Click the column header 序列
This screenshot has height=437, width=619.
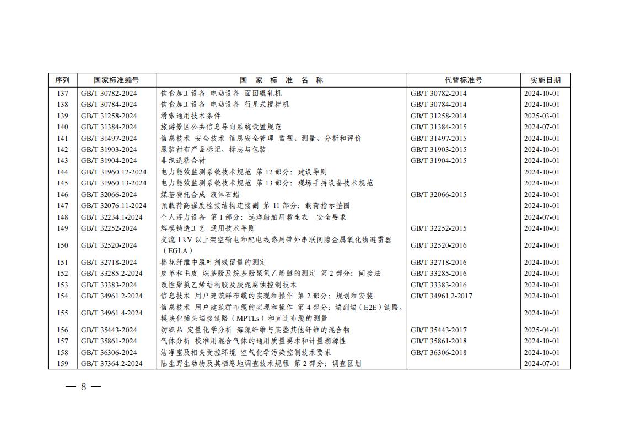(62, 80)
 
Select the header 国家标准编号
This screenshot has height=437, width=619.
(116, 80)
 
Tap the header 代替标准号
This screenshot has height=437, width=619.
(463, 80)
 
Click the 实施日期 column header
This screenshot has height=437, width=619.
(545, 80)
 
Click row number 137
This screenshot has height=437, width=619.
(62, 93)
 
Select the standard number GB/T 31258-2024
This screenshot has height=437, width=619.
(109, 116)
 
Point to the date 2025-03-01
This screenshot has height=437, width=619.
(541, 116)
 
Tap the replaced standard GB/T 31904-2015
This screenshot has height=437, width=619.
(438, 161)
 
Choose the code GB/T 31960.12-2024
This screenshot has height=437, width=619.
(114, 172)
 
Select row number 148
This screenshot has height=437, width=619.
(62, 217)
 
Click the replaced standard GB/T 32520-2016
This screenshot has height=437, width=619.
(438, 245)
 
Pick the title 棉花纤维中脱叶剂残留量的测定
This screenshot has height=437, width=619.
(213, 263)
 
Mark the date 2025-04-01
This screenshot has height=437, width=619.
(541, 330)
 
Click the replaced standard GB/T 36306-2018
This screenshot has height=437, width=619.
(438, 353)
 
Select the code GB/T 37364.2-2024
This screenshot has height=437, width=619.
(111, 364)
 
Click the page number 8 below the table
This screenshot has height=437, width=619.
(84, 386)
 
